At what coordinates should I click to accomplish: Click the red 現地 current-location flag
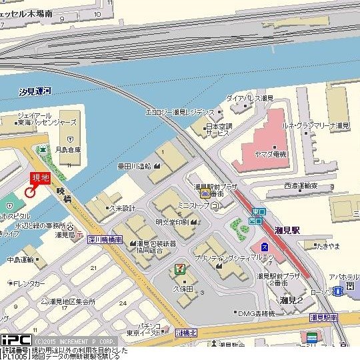pyautogui.click(x=41, y=179)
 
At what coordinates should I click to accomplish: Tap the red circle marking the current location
pyautogui.click(x=29, y=192)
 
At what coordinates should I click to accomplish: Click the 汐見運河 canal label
pyautogui.click(x=35, y=90)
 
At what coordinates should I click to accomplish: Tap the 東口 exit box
pyautogui.click(x=259, y=212)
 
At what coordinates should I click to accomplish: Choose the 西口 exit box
pyautogui.click(x=254, y=221)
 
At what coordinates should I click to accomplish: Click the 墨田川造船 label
pyautogui.click(x=134, y=167)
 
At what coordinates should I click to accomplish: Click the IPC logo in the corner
pyautogui.click(x=15, y=339)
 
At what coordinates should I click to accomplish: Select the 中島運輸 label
pyautogui.click(x=21, y=259)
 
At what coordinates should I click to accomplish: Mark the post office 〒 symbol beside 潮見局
pyautogui.click(x=80, y=235)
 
